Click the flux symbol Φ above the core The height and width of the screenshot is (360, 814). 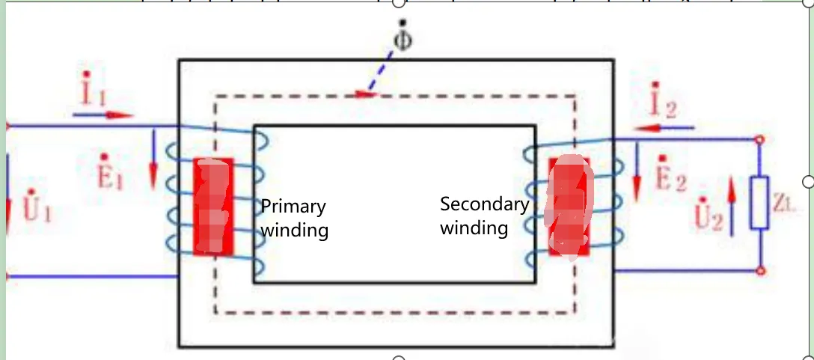pos(403,36)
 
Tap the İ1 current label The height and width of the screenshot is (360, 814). pos(94,89)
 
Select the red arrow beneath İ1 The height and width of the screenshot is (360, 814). pos(102,115)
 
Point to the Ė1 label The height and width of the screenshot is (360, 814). pos(110,171)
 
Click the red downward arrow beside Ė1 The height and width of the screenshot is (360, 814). pos(153,159)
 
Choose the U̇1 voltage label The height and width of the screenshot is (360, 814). pos(37,206)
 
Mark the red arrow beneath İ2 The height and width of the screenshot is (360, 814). pos(664,127)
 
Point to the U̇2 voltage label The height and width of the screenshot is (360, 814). pos(708,213)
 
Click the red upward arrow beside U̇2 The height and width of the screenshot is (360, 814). pos(732,206)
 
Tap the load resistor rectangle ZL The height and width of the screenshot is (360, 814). pos(759,203)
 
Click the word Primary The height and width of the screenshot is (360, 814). pos(293,207)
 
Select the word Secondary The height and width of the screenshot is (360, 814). pos(484,204)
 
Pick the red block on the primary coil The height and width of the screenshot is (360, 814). pos(212,207)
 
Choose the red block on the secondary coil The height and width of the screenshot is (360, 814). pos(569,207)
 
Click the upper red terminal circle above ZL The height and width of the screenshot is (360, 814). pos(759,139)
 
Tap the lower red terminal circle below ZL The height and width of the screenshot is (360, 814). pos(761,271)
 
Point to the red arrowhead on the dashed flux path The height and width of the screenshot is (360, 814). pos(366,94)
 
